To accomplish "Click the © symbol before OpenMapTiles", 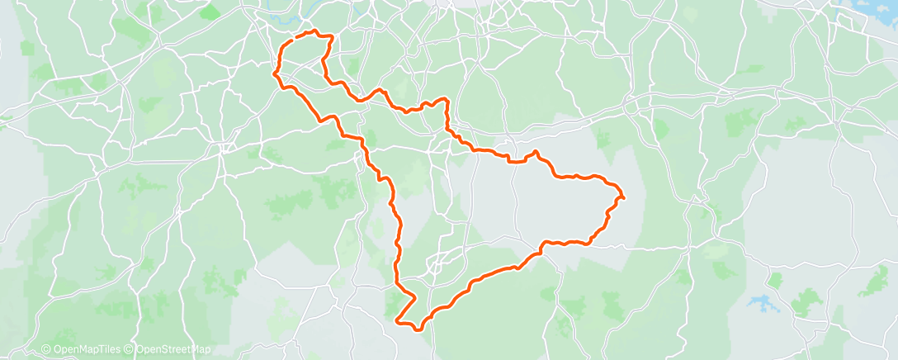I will (46, 350).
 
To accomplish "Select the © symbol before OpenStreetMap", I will (130, 350).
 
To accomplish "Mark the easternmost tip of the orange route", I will (623, 197).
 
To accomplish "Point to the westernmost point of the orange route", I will (273, 73).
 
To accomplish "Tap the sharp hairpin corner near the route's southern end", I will (399, 320).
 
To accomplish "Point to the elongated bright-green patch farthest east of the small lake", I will (874, 282).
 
